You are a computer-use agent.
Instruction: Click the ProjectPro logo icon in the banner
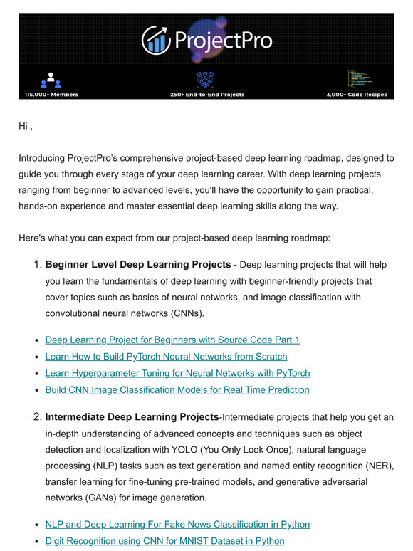pyautogui.click(x=155, y=40)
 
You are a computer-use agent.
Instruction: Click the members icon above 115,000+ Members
pyautogui.click(x=51, y=80)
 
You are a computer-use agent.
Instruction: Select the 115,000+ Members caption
pyautogui.click(x=51, y=94)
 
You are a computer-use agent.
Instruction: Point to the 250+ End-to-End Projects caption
pyautogui.click(x=206, y=94)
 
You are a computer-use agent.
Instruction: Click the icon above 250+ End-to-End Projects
pyautogui.click(x=206, y=79)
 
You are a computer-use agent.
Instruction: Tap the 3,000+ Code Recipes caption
pyautogui.click(x=357, y=94)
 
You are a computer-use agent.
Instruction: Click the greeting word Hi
pyautogui.click(x=23, y=127)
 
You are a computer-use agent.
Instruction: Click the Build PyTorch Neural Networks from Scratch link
pyautogui.click(x=166, y=356)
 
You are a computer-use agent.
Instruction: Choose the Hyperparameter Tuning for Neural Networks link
pyautogui.click(x=177, y=373)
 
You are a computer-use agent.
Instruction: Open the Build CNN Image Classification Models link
pyautogui.click(x=177, y=389)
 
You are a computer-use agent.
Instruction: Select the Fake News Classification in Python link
pyautogui.click(x=177, y=524)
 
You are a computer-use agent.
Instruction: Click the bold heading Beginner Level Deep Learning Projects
pyautogui.click(x=138, y=265)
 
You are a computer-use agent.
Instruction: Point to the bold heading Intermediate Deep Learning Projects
pyautogui.click(x=132, y=416)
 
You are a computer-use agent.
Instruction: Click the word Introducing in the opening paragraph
pyautogui.click(x=42, y=157)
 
